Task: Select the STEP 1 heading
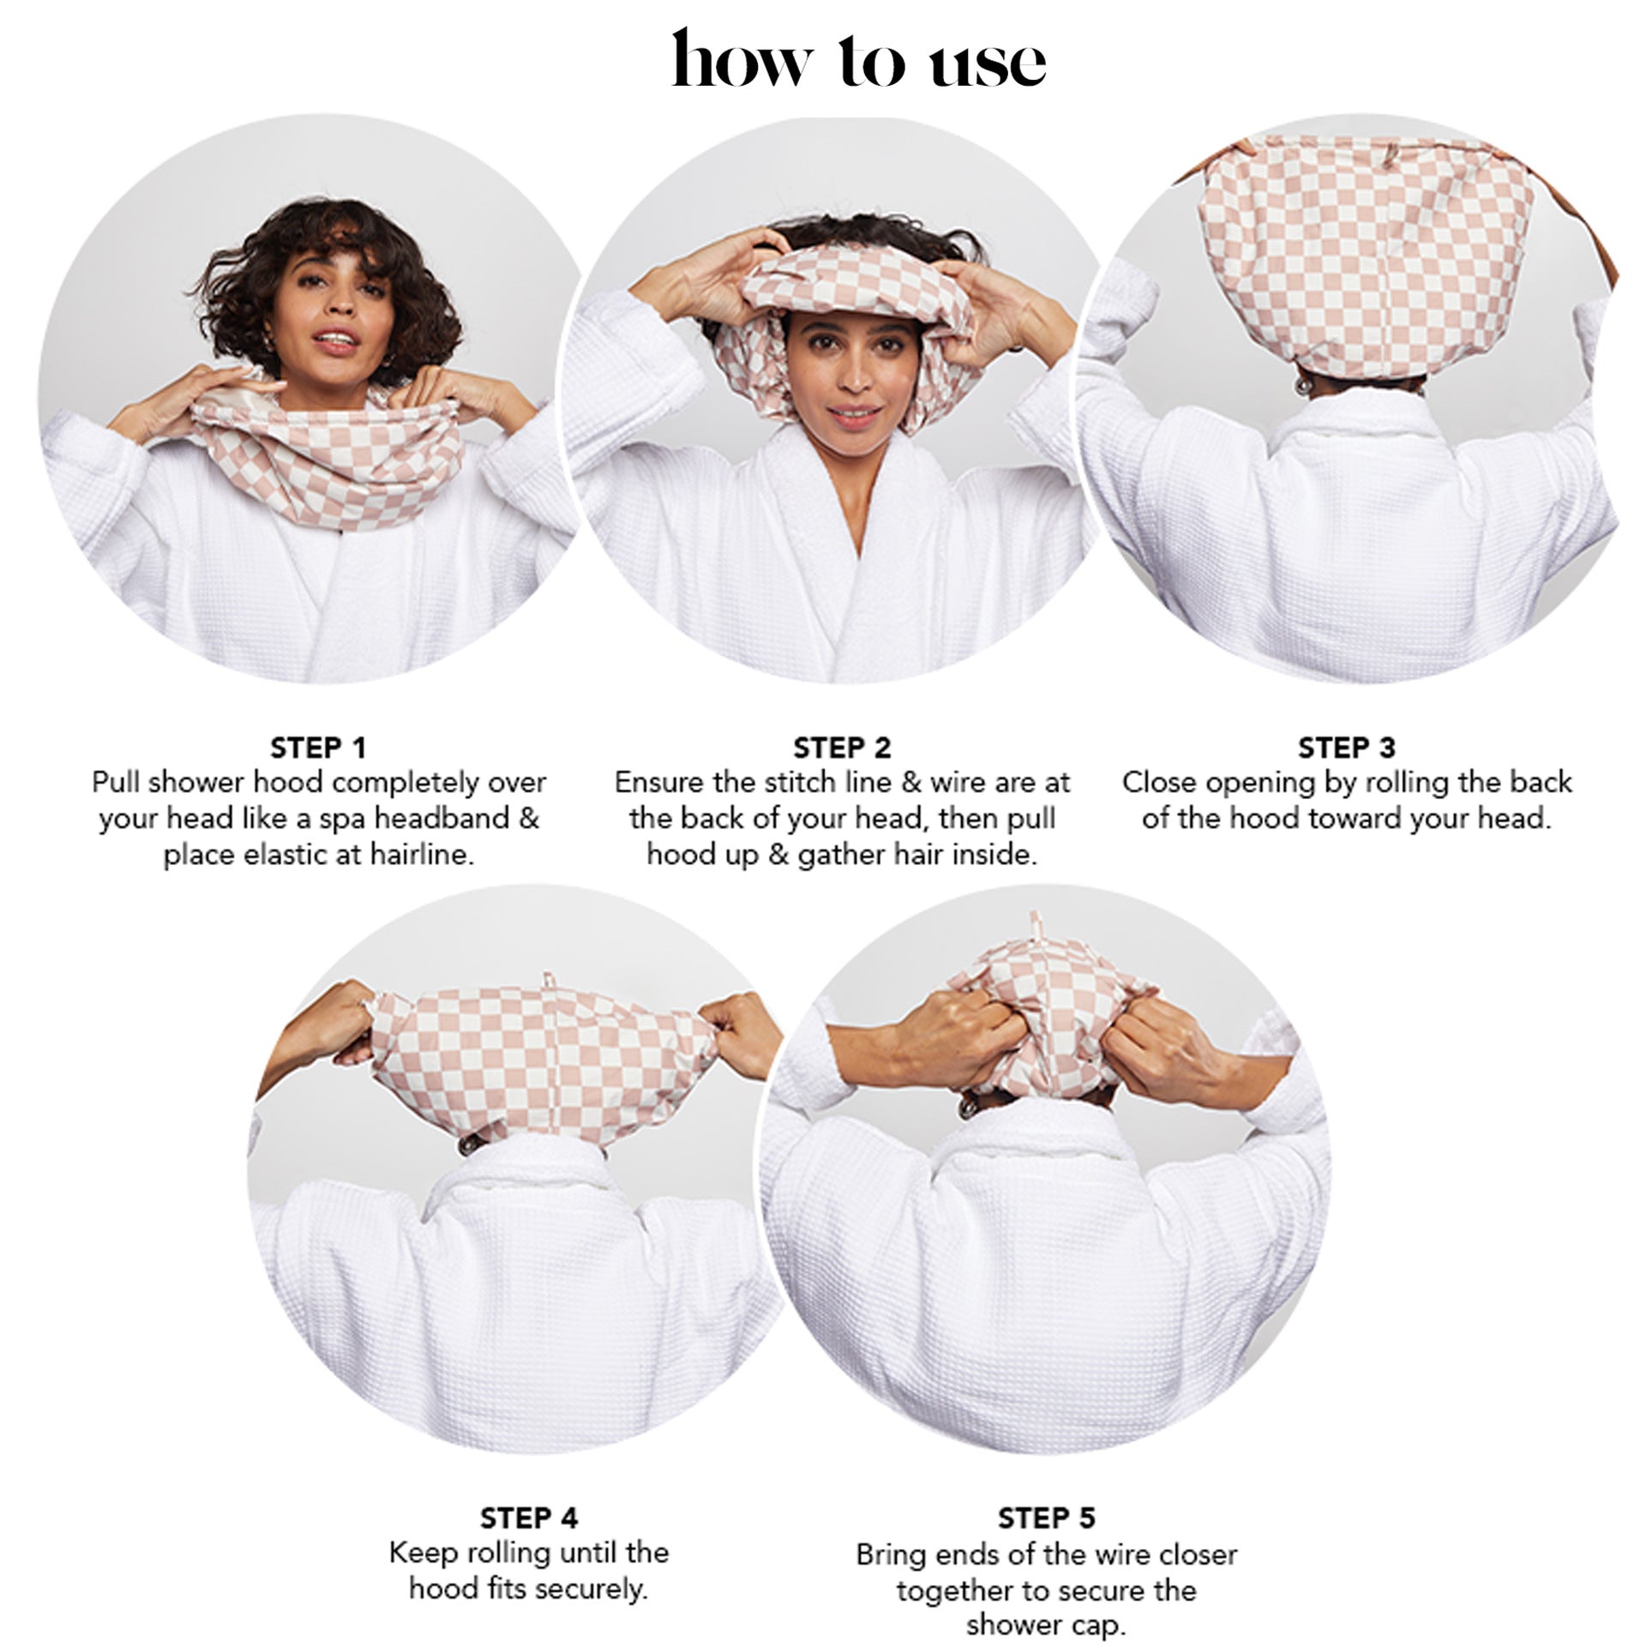coord(318,748)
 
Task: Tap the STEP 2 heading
coord(842,748)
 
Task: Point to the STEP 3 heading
coord(1346,748)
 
